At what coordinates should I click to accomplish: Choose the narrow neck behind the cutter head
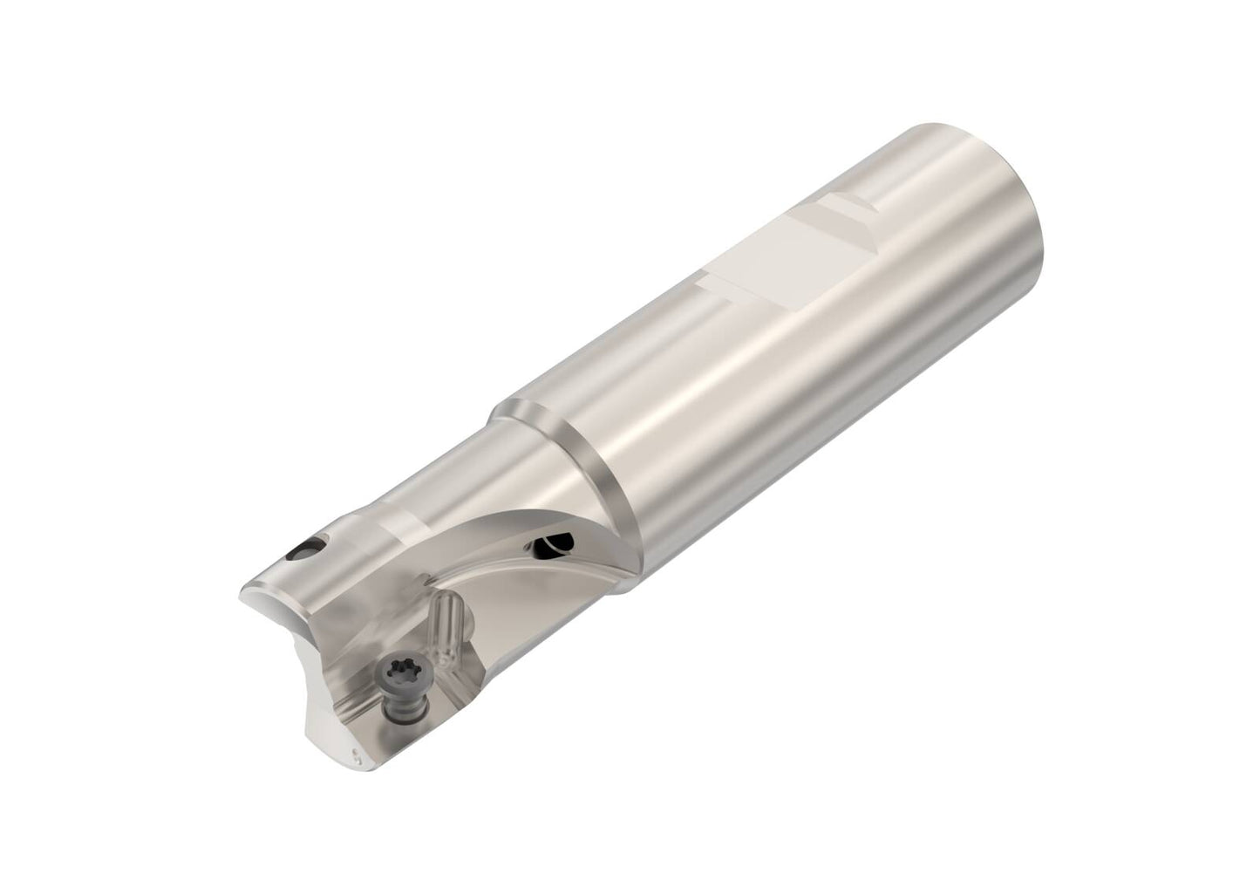[436, 488]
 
